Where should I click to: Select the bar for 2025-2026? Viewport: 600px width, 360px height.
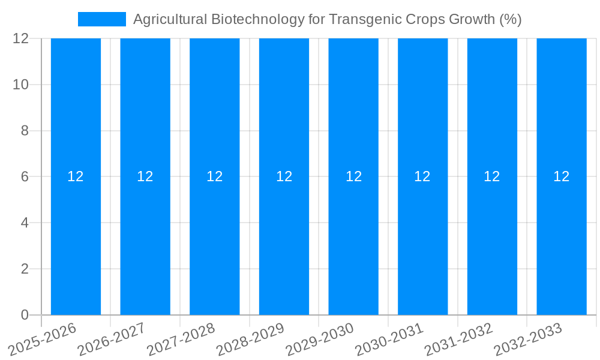click(76, 240)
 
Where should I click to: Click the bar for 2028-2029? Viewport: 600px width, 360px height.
click(284, 240)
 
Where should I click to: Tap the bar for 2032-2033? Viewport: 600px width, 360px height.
click(562, 240)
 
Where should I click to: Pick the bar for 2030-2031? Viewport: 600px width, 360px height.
click(423, 240)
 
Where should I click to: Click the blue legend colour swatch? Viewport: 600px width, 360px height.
click(101, 19)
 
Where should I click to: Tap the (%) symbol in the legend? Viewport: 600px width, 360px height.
click(510, 19)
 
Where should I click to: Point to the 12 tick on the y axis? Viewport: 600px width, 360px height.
click(20, 38)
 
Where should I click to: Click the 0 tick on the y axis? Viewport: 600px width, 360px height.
click(25, 315)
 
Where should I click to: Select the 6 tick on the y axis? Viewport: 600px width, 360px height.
click(25, 176)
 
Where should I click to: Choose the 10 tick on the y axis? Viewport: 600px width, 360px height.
click(20, 85)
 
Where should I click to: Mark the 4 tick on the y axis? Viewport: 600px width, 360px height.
click(25, 223)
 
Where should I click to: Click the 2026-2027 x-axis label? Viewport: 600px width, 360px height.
click(112, 339)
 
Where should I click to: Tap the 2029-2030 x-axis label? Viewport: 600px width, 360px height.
click(320, 339)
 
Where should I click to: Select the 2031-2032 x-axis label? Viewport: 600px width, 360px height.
click(459, 339)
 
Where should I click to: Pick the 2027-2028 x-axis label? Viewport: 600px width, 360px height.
click(181, 339)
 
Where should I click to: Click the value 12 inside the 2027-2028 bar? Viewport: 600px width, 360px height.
click(215, 176)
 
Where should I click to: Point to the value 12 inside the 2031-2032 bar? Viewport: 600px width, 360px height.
click(492, 176)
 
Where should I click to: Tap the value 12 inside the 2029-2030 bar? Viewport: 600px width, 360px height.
click(353, 176)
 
